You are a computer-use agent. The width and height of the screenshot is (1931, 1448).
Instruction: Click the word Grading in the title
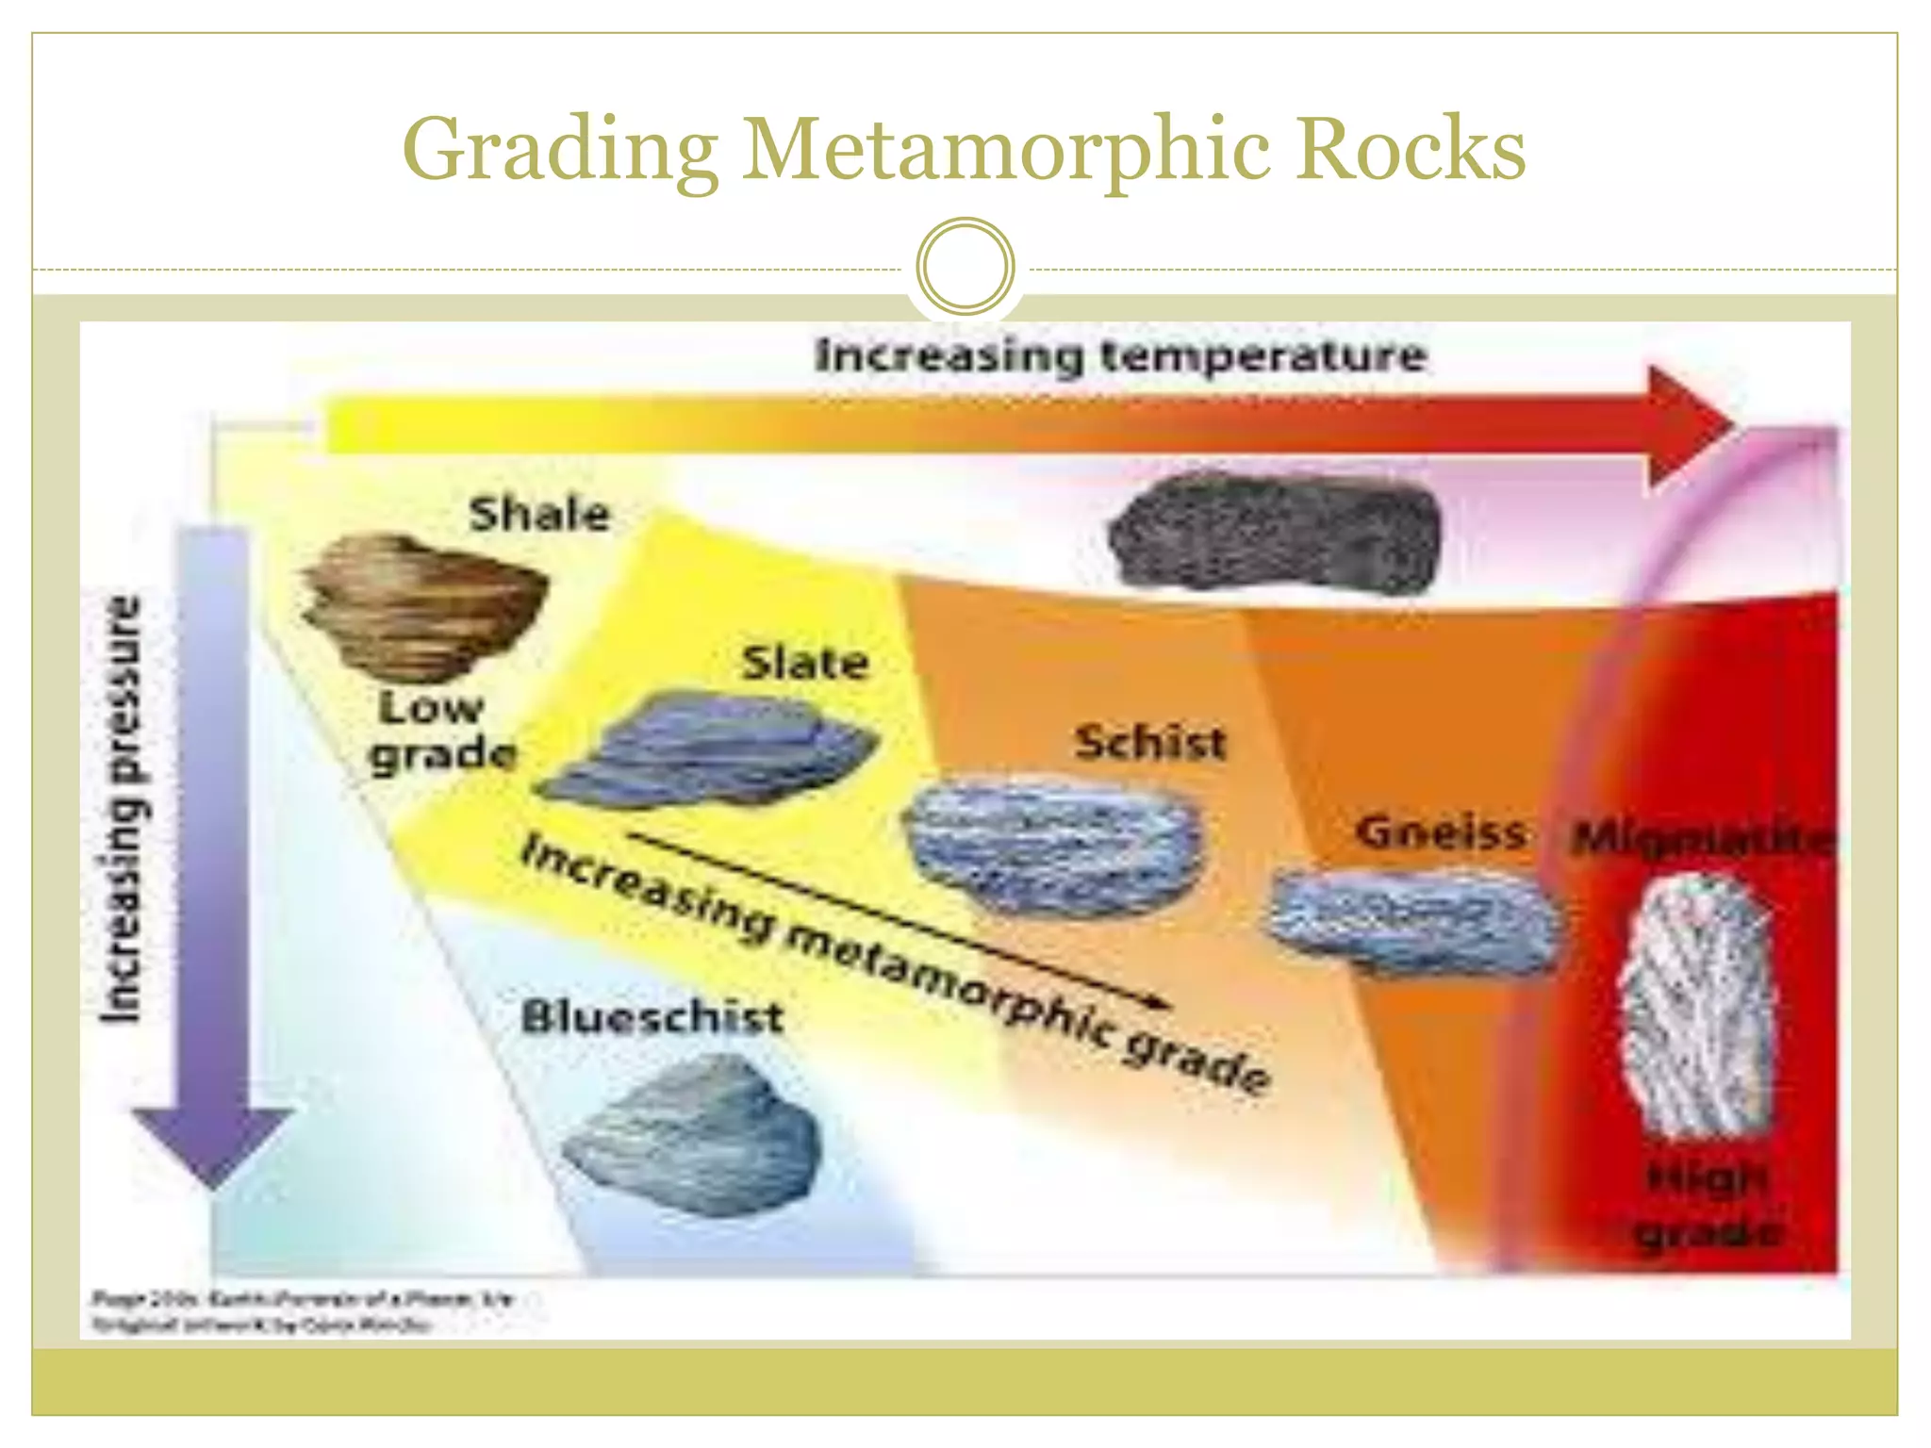click(560, 151)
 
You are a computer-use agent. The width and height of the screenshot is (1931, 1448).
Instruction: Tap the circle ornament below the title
click(965, 267)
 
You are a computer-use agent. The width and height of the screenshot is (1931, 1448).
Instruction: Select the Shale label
click(540, 515)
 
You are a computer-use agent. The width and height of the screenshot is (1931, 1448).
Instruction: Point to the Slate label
click(804, 664)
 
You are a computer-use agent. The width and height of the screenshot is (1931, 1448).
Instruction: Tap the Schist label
click(1150, 743)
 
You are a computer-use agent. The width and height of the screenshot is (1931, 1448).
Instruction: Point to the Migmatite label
click(1703, 838)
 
